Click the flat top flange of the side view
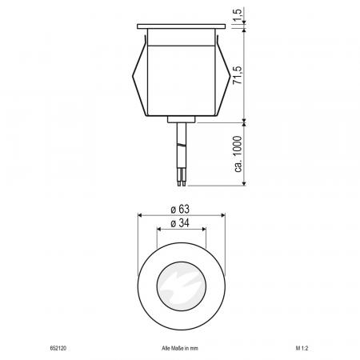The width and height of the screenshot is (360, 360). click(181, 27)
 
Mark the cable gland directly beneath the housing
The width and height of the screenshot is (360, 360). click(181, 120)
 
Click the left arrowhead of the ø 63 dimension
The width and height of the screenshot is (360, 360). click(141, 215)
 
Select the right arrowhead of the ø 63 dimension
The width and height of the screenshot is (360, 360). click(221, 215)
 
